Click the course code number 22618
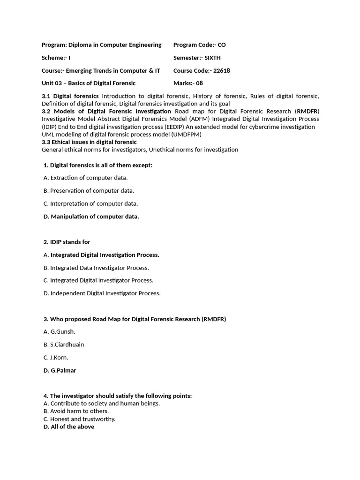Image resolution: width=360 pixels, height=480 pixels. (x=221, y=71)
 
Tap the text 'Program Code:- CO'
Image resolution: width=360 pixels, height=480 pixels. (x=199, y=45)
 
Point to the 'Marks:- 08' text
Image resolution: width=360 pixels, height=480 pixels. (x=188, y=83)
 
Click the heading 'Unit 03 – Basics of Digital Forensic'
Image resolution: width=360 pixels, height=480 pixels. (x=89, y=83)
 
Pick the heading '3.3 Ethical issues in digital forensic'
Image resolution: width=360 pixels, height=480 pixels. (x=89, y=142)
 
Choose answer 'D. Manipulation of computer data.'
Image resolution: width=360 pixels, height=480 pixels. (x=91, y=217)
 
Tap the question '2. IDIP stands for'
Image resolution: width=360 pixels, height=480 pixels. (x=67, y=242)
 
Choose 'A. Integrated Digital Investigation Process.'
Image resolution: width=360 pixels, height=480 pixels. (x=101, y=255)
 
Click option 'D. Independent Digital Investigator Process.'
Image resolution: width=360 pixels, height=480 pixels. (x=102, y=293)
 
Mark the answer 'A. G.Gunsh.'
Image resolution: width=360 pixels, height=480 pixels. (x=60, y=332)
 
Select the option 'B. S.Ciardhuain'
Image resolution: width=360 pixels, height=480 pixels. (x=64, y=345)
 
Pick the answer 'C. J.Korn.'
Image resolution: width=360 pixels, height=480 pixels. (x=56, y=358)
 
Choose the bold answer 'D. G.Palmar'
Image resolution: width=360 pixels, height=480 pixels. (x=60, y=370)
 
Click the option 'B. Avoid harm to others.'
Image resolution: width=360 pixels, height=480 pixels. (x=76, y=411)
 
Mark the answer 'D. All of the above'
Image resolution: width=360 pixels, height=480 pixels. (x=69, y=427)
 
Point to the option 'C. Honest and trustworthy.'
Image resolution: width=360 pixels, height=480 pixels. (x=79, y=419)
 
